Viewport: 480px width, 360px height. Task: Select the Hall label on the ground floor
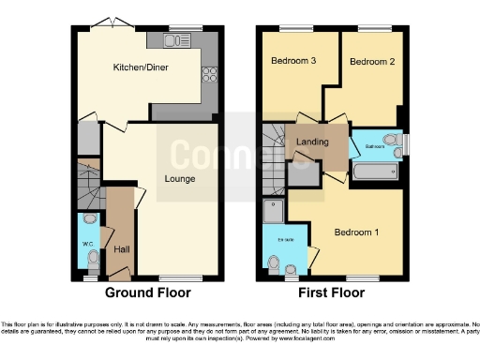[122, 249]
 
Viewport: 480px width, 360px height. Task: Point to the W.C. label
[87, 245]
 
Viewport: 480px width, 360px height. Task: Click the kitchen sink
[175, 40]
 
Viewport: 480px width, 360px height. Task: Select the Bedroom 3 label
[293, 61]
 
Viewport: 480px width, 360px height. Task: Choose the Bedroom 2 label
[371, 61]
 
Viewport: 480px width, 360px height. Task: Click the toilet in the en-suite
[275, 266]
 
